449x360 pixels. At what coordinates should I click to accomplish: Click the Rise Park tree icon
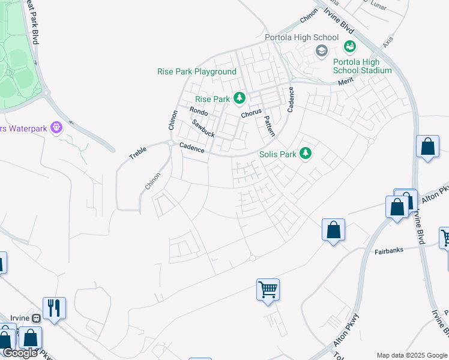coord(240,98)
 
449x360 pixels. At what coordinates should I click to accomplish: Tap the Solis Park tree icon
coord(306,154)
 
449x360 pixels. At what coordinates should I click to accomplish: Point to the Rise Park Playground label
coord(197,71)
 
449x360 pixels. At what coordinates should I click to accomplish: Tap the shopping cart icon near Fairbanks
coord(268,290)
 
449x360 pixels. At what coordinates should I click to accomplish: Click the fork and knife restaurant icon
coord(54,308)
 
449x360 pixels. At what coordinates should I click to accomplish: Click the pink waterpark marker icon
coord(57,127)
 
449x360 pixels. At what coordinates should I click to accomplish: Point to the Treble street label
coord(137,152)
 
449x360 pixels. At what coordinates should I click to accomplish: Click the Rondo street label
coord(198,112)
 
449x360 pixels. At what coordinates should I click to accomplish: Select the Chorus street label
coord(251,113)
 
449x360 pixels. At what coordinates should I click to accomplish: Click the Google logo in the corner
coord(20,353)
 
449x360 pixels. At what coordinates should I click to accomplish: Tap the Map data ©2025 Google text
coord(411,355)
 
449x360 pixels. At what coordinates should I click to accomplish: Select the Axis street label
coord(388,41)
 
